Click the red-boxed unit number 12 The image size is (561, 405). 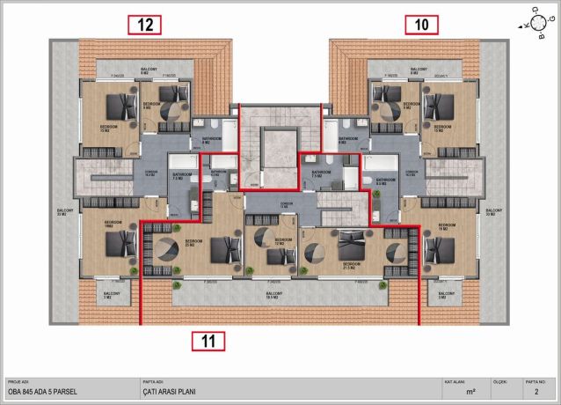pyautogui.click(x=145, y=25)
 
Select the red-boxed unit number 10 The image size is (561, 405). pyautogui.click(x=422, y=25)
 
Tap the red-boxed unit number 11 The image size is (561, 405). pyautogui.click(x=207, y=340)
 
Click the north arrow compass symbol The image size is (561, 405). pyautogui.click(x=533, y=24)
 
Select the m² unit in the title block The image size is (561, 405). pyautogui.click(x=471, y=389)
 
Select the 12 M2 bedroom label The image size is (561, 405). pyautogui.click(x=282, y=241)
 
